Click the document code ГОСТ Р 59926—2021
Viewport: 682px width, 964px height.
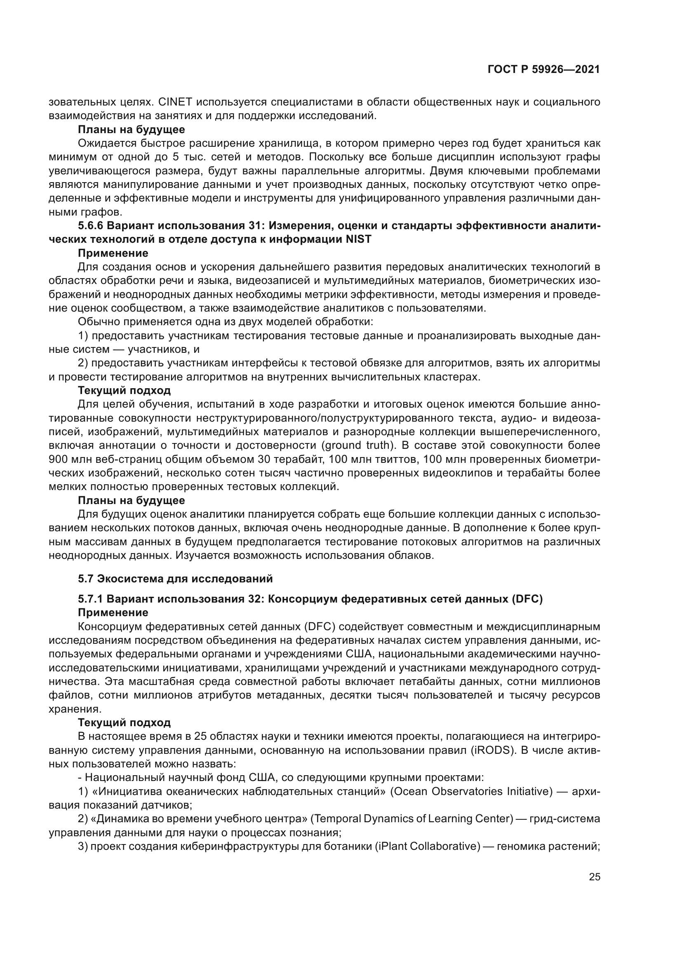click(x=543, y=70)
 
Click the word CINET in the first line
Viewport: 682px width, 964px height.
click(x=174, y=102)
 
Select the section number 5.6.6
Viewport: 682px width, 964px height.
click(x=90, y=226)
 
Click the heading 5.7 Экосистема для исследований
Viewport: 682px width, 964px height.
click(x=175, y=579)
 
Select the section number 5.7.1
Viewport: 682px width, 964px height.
click(x=90, y=599)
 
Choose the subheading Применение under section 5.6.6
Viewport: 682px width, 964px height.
click(x=113, y=253)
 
